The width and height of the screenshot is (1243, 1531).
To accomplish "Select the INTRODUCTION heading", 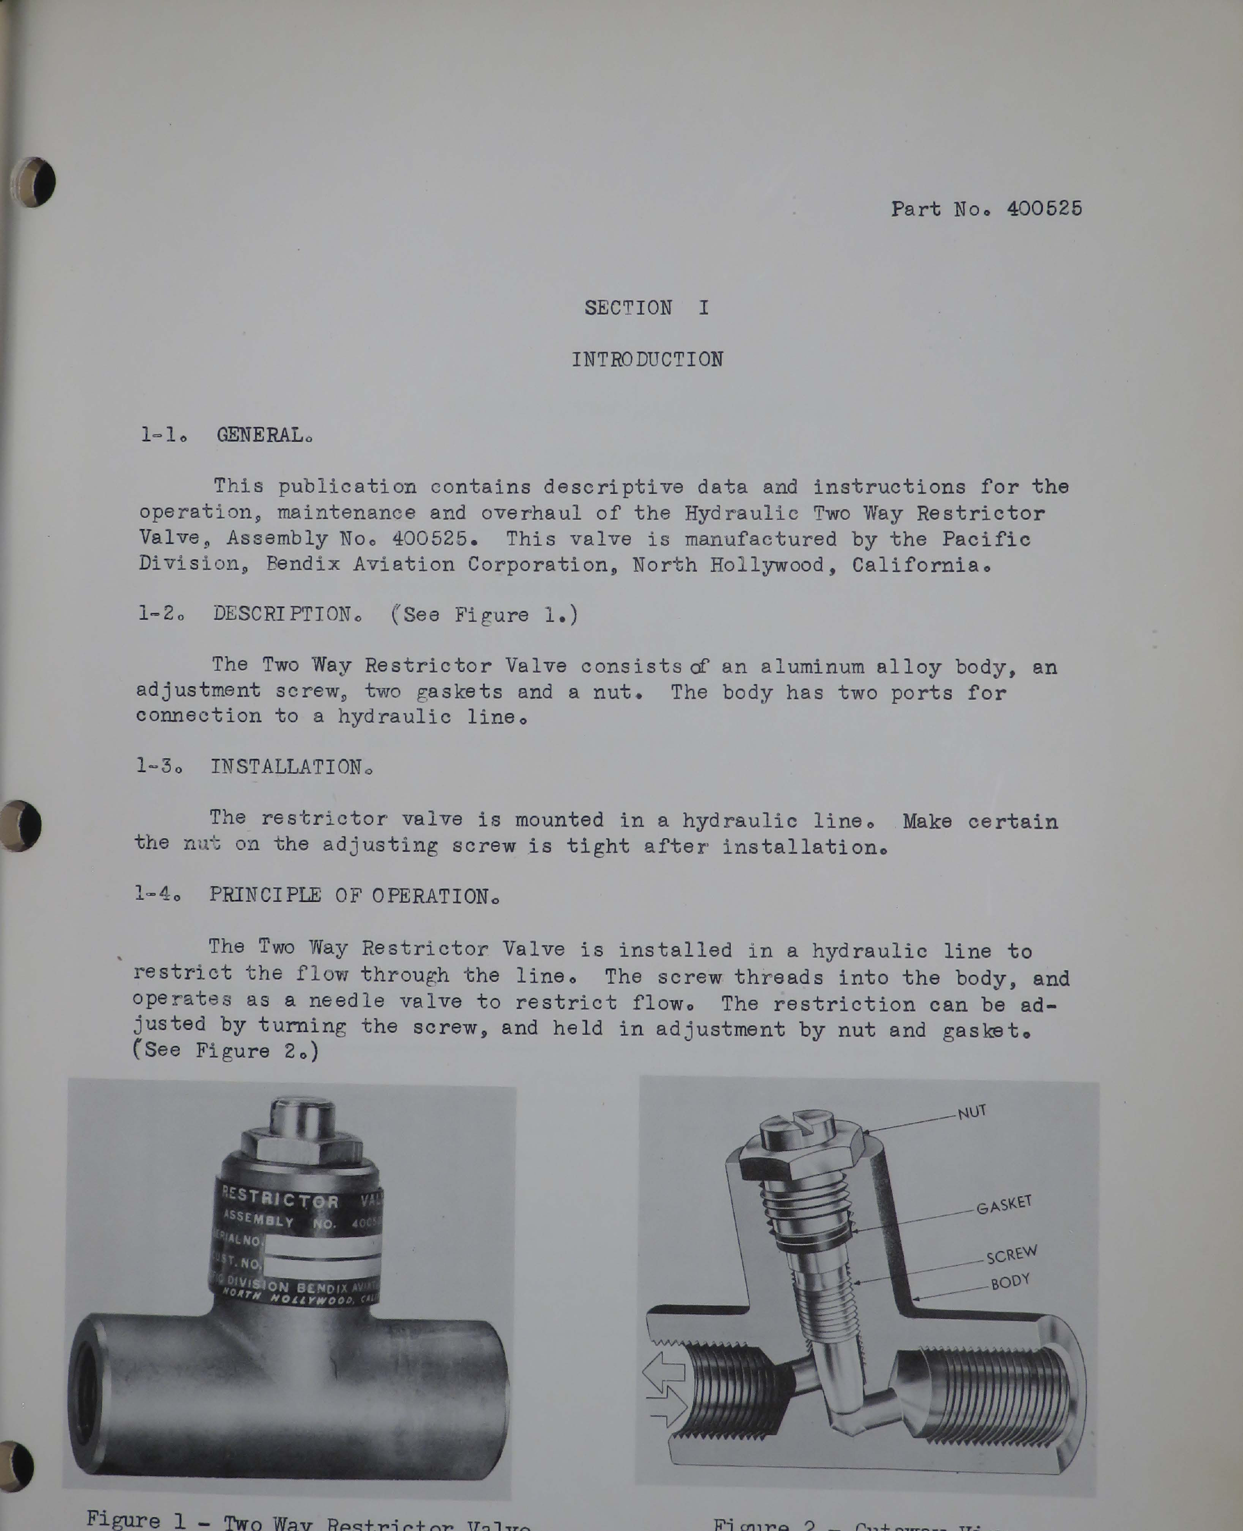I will point(647,359).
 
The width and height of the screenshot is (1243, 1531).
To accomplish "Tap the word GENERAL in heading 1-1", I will point(263,435).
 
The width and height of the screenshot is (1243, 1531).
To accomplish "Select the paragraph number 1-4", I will point(157,894).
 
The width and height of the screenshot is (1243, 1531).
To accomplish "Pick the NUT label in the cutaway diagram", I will point(972,1112).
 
